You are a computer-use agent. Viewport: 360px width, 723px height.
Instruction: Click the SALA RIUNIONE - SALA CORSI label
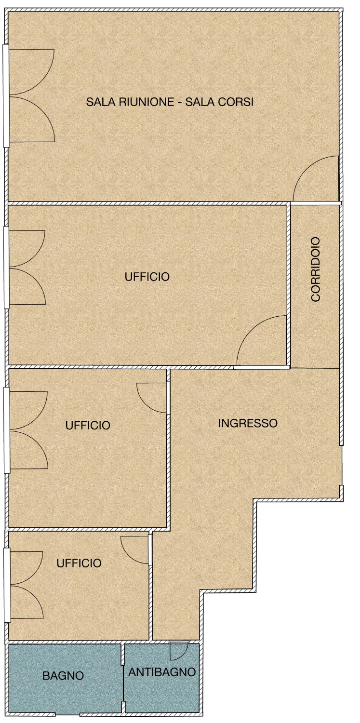click(170, 102)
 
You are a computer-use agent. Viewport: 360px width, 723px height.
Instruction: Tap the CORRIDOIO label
click(316, 269)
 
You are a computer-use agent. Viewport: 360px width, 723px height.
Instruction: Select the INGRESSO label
click(248, 423)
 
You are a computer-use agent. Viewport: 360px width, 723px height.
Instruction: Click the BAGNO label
click(63, 676)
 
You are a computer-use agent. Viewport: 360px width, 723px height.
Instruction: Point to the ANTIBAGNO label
click(162, 672)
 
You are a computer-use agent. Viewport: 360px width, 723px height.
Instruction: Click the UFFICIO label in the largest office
click(147, 277)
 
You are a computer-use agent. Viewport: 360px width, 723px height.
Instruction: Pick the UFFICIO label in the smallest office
click(79, 563)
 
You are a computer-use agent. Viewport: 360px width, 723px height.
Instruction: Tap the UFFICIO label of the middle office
click(88, 425)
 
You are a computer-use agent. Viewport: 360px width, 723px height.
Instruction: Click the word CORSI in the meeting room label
click(236, 102)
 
